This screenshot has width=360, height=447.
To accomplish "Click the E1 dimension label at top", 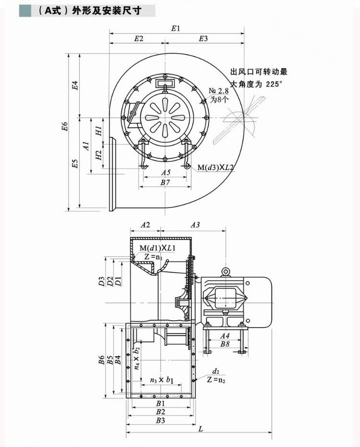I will (176, 28).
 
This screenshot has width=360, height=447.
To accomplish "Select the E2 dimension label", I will (139, 39).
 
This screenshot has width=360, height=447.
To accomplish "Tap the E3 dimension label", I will (203, 39).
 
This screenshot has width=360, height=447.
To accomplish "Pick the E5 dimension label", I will (75, 164).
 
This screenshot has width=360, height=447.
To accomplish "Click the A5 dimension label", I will (166, 172).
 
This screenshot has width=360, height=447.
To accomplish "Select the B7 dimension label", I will (166, 182).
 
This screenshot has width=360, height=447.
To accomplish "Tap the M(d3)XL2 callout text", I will (216, 168).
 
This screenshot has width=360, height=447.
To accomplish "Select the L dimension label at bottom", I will (200, 429).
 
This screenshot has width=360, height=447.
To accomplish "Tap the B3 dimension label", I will (160, 421).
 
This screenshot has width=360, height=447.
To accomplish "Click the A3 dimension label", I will (195, 225).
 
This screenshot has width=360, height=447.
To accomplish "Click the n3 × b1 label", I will (161, 380).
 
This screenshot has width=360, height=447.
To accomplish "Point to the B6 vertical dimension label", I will (101, 360).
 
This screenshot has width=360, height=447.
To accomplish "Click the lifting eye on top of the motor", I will (225, 272).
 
